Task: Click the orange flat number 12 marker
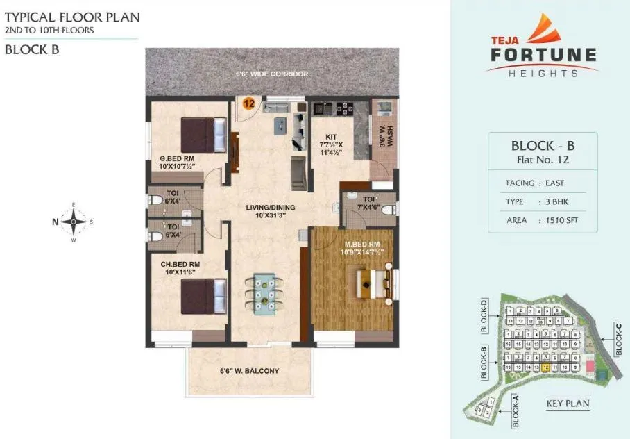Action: (x=248, y=103)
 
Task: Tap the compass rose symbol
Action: (x=74, y=222)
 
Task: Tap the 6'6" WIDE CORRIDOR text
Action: (x=271, y=74)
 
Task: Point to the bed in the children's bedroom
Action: (x=203, y=296)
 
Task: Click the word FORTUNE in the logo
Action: (x=543, y=55)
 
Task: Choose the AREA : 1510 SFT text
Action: (x=541, y=220)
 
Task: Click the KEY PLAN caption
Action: (x=568, y=404)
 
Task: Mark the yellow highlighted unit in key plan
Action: (x=547, y=367)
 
